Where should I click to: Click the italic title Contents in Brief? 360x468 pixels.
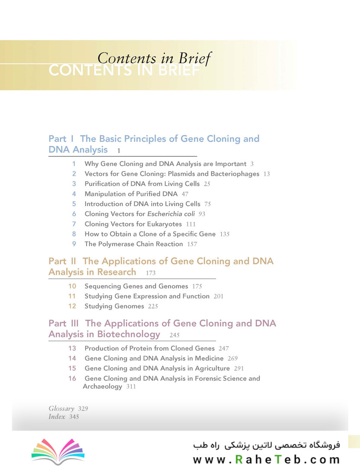point(154,58)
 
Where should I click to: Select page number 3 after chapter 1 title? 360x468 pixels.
point(252,164)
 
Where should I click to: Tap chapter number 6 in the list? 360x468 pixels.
point(74,214)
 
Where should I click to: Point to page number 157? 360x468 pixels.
point(192,244)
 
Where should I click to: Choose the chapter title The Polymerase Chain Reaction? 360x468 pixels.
point(134,244)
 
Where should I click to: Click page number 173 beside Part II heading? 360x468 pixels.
point(151,273)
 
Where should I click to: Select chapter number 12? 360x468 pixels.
point(72,306)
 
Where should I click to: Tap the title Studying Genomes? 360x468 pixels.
point(114,306)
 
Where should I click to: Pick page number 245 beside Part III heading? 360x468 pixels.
point(174,335)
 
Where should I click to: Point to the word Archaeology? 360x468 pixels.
point(102,386)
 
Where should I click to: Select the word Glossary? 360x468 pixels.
point(61,409)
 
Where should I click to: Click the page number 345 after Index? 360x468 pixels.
point(74,417)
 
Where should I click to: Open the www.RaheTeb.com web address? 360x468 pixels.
point(266,459)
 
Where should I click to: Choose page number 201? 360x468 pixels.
point(219,296)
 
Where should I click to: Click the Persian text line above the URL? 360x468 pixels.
point(267,445)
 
